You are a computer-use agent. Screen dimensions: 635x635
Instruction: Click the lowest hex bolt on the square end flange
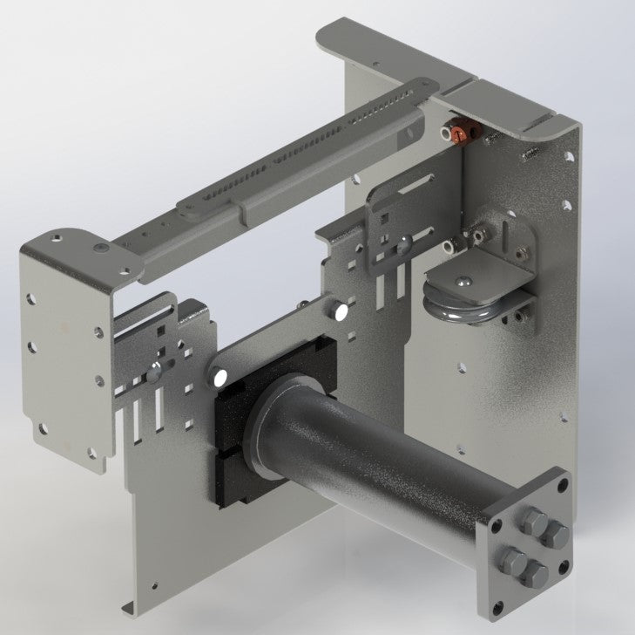pos(531,575)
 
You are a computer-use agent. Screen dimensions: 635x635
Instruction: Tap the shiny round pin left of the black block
pos(218,378)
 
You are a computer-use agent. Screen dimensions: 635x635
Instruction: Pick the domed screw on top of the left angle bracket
pos(103,248)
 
